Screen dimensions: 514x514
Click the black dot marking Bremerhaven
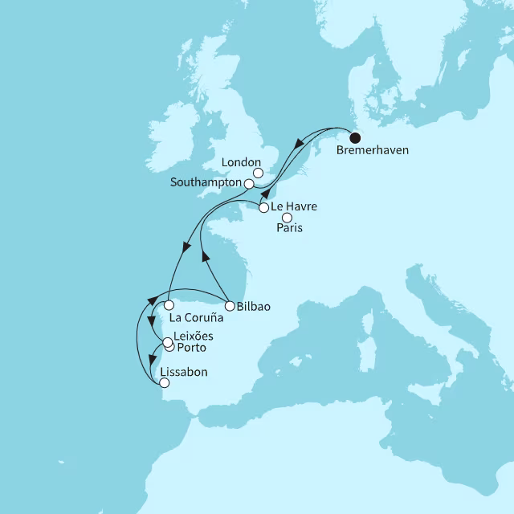354,137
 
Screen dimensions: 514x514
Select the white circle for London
258,171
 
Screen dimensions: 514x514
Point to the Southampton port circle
249,184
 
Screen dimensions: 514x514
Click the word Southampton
206,183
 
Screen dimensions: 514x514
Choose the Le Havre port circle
263,208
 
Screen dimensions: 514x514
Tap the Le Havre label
295,207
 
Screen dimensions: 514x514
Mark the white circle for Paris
287,217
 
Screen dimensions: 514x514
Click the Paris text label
289,229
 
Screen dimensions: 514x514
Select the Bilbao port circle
229,306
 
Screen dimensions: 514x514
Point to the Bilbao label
253,306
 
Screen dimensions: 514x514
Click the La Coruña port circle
169,305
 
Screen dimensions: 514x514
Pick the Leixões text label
193,335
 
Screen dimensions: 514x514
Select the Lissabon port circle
165,383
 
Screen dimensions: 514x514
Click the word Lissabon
184,372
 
